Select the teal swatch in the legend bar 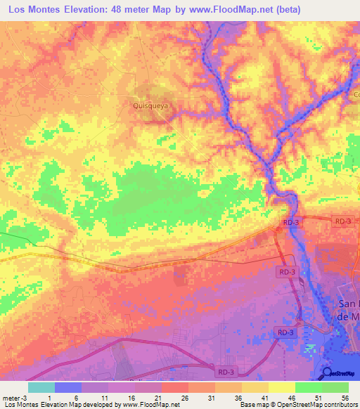click(41, 387)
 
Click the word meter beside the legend click(12, 397)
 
